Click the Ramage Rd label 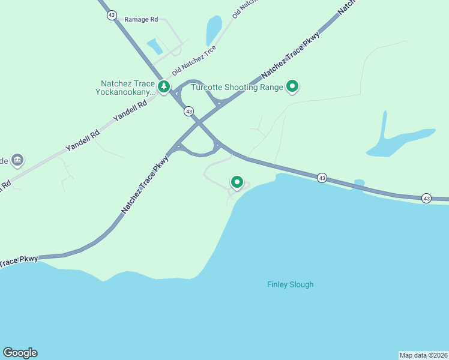[x=141, y=19]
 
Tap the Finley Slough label [x=290, y=284]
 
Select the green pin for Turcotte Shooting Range [x=292, y=87]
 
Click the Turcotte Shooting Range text [x=237, y=87]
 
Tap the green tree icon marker [x=163, y=88]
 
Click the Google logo [x=20, y=353]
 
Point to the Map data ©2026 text [x=423, y=355]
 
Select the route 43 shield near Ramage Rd [x=112, y=15]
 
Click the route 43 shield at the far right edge [x=426, y=198]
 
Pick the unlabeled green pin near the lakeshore [x=237, y=182]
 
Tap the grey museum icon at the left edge [x=17, y=160]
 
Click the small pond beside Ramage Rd [x=154, y=45]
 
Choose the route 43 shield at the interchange [x=188, y=111]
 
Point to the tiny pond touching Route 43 [x=359, y=182]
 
